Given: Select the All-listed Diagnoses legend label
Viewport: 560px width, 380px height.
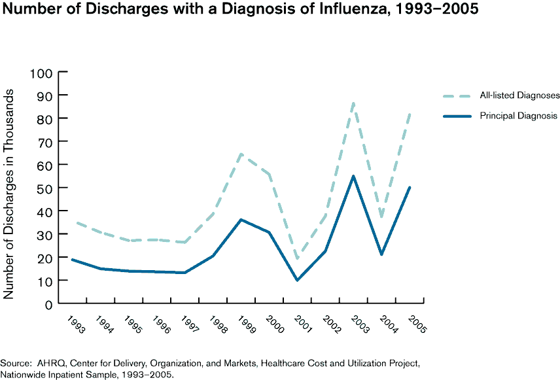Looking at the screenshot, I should (519, 95).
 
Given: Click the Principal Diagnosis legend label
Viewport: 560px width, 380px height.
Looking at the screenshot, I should (518, 116).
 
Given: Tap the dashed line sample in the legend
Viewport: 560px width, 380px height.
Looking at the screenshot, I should (456, 95).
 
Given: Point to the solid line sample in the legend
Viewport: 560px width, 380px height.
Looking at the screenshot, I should (456, 116).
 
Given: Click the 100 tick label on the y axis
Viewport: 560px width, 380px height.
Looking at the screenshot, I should (41, 72).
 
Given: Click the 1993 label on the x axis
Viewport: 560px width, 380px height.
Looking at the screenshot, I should (76, 324).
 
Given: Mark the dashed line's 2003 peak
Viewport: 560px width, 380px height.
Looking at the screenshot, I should (354, 103).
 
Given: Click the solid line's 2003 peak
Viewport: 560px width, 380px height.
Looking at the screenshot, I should (354, 176).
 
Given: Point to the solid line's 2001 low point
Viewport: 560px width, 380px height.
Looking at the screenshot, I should (298, 280).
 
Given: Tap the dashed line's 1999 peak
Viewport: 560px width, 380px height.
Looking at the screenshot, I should (241, 154).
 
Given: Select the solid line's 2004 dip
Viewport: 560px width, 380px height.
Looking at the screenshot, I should (382, 254).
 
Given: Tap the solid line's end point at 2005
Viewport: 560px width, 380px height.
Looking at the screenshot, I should (410, 188).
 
